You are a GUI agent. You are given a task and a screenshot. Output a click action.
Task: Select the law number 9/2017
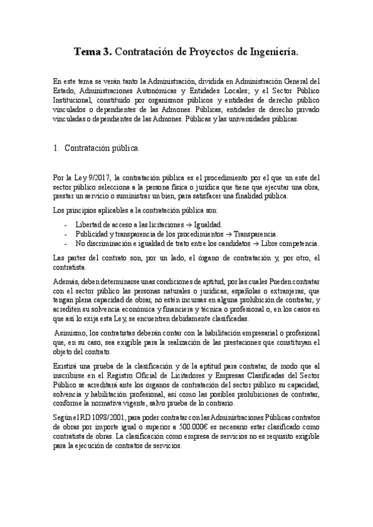[x=93, y=177]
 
